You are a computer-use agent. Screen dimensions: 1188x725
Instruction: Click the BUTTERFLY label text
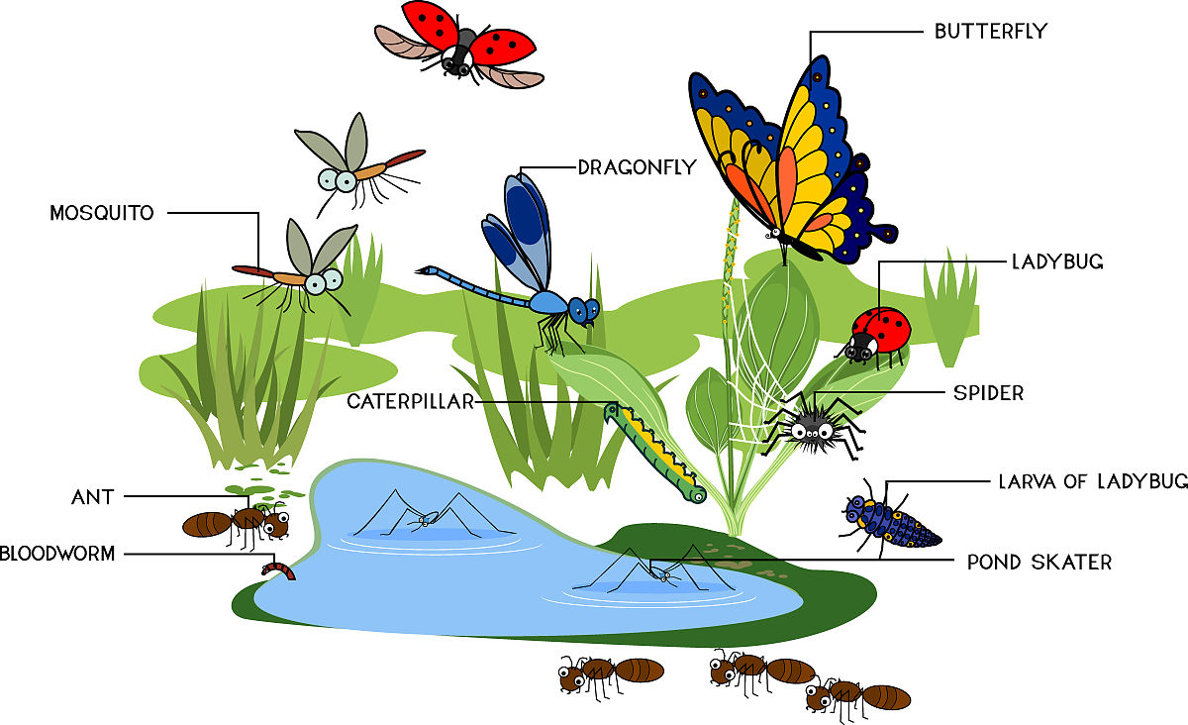coord(991,32)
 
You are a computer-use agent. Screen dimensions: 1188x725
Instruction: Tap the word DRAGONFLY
coord(637,167)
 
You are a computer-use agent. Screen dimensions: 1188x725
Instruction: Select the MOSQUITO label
coord(102,213)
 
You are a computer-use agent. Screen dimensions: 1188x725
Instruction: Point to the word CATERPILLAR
coord(411,402)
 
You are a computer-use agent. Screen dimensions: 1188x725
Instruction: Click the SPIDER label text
coord(989,393)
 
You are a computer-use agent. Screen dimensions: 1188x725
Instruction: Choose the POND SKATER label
coord(1039,562)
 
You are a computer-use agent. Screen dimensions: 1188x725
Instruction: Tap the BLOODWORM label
coord(57,554)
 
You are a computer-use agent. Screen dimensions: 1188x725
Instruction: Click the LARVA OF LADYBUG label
coord(1093,481)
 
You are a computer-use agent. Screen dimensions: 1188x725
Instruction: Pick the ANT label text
coord(93,497)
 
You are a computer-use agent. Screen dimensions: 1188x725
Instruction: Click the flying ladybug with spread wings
coord(459,46)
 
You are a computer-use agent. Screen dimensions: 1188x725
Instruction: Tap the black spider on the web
coord(813,426)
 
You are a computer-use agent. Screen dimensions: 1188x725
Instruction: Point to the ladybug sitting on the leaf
coord(875,337)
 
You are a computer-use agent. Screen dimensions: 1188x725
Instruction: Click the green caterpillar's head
coord(614,411)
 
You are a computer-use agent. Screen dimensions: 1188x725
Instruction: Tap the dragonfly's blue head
coord(584,311)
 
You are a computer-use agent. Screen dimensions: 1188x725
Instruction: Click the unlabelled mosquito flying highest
coord(360,164)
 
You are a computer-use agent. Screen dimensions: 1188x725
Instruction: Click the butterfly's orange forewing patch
coord(787,183)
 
